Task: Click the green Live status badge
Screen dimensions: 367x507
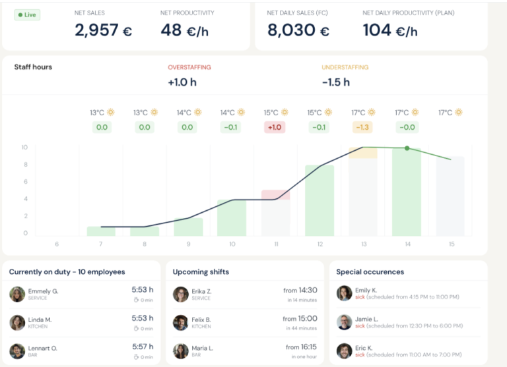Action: pos(27,14)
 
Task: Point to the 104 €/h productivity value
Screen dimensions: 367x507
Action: pos(389,30)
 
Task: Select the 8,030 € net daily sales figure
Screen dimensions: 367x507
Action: pos(298,30)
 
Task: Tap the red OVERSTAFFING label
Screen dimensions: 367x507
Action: pos(189,67)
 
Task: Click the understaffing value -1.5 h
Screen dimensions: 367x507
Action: pos(335,82)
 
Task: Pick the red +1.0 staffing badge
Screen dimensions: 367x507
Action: pos(275,127)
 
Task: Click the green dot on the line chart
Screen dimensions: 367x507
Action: pos(407,148)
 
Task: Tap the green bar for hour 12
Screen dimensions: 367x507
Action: pos(319,200)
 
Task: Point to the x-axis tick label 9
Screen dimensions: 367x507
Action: pos(187,244)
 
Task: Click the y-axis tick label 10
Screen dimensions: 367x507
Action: pos(24,148)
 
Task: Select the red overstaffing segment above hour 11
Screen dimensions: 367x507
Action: pos(275,194)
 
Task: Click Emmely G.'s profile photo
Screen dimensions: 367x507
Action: pos(17,294)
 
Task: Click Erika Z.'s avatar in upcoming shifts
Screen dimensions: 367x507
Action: pos(180,294)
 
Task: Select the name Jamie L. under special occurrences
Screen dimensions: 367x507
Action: pos(366,318)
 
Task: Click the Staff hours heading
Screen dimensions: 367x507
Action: pos(33,67)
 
